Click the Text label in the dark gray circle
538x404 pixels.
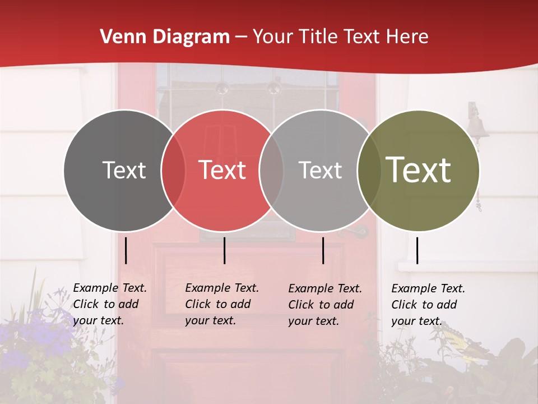124,170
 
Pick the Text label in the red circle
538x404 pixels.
222,170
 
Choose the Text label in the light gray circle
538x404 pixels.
320,170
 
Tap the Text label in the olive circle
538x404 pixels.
419,170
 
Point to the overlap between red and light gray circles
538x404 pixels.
271,170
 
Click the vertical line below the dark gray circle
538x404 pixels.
126,250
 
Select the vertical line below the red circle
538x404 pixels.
224,250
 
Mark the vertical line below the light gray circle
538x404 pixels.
323,250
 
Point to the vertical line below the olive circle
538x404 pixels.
417,250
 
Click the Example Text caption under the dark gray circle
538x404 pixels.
109,304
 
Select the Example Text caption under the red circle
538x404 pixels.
221,304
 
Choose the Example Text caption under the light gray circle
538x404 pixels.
324,305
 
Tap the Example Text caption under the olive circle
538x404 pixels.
428,305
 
